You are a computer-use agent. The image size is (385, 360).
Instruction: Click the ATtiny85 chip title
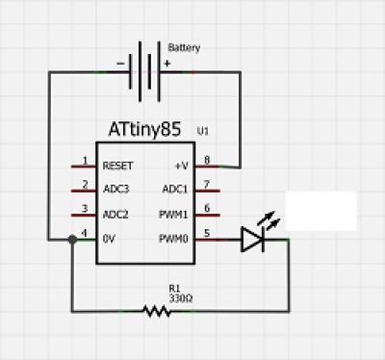coord(144,129)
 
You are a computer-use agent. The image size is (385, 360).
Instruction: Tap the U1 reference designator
coord(203,131)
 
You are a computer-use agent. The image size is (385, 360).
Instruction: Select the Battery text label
coord(184,48)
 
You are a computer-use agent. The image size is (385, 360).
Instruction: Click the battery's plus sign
coord(167,64)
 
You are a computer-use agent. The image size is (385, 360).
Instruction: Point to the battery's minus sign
coord(120,64)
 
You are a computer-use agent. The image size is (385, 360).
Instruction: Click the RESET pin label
coord(117,166)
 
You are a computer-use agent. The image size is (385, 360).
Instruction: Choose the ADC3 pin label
coord(116,189)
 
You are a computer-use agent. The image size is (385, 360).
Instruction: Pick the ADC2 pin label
coord(115,214)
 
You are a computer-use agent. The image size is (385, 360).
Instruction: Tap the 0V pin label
coord(109,239)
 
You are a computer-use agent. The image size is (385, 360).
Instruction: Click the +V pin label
coord(182,166)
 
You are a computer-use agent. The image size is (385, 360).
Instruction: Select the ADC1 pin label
coord(175,189)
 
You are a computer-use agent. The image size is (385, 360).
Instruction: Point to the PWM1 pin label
coord(173,214)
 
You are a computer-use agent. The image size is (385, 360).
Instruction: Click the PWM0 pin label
coord(173,239)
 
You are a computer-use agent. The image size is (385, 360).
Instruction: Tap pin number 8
coord(207,160)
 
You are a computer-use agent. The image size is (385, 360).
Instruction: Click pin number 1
coord(85,160)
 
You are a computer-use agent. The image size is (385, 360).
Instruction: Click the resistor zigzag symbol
coord(156,311)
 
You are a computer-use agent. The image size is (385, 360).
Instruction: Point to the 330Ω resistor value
coord(181,298)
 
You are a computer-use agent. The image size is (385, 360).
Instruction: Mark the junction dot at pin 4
coord(72,240)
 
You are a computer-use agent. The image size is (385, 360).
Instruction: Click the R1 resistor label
coord(174,289)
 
